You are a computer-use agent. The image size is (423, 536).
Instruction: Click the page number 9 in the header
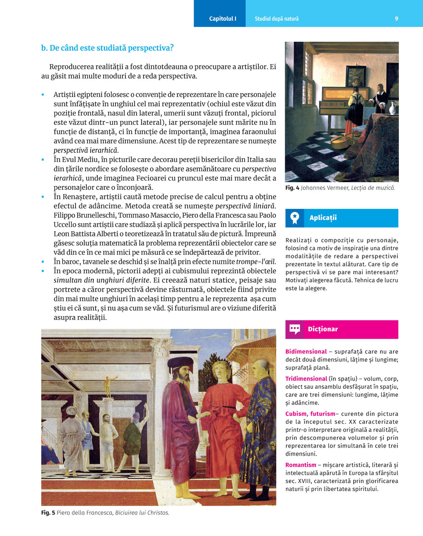pyautogui.click(x=396, y=19)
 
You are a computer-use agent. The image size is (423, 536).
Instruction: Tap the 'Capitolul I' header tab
pyautogui.click(x=222, y=19)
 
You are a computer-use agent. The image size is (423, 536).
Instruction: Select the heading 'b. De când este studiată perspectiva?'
pyautogui.click(x=107, y=48)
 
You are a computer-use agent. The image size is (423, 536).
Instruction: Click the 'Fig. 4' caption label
pyautogui.click(x=292, y=188)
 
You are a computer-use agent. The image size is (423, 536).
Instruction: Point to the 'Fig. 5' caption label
pyautogui.click(x=48, y=513)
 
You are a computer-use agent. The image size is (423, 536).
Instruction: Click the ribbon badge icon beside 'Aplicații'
pyautogui.click(x=295, y=218)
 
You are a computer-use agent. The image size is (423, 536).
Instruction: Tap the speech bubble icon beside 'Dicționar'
pyautogui.click(x=295, y=329)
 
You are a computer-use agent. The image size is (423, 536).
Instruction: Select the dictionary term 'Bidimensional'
pyautogui.click(x=306, y=352)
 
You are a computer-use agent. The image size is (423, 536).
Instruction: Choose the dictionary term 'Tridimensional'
pyautogui.click(x=306, y=379)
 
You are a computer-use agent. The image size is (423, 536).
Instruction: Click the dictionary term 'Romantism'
pyautogui.click(x=301, y=465)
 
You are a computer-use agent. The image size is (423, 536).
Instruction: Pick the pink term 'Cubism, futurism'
pyautogui.click(x=310, y=414)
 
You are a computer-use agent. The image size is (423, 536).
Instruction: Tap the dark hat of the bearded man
pyautogui.click(x=180, y=363)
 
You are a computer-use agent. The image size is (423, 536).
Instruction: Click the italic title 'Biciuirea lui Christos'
pyautogui.click(x=142, y=513)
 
